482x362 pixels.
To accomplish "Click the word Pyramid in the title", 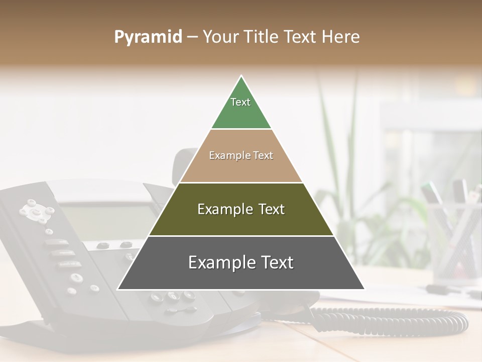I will (148, 37).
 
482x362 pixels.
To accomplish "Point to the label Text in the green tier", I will (240, 102).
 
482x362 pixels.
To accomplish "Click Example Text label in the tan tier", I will (241, 155).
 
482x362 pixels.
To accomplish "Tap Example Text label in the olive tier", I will (241, 209).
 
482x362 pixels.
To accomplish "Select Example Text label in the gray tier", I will (241, 262).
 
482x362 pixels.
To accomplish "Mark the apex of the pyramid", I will (241, 77).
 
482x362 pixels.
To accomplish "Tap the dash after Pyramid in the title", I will (192, 37).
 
